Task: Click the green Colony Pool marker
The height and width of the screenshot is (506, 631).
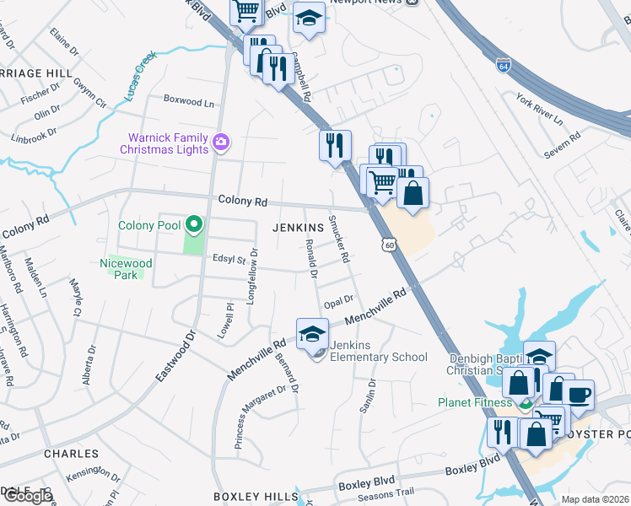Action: point(194,224)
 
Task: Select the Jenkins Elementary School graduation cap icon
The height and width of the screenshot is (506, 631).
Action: point(312,333)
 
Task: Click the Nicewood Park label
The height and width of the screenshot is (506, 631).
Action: point(126,269)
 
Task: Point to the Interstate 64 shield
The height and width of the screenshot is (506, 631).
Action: point(504,64)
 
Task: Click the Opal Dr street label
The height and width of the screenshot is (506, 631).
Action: point(337,300)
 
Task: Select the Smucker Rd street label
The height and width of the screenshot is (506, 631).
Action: point(338,239)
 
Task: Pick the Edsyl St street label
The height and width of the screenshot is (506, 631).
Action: point(228,260)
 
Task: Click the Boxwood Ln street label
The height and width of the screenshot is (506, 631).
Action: point(188,102)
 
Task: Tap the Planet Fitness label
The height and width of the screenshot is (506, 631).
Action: point(476,402)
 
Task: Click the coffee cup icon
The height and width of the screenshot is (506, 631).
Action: point(578,395)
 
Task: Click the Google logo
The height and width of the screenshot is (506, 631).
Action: point(28,496)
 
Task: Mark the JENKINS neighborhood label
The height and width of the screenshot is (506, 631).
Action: point(298,228)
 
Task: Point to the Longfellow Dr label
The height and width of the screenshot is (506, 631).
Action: point(251,277)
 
